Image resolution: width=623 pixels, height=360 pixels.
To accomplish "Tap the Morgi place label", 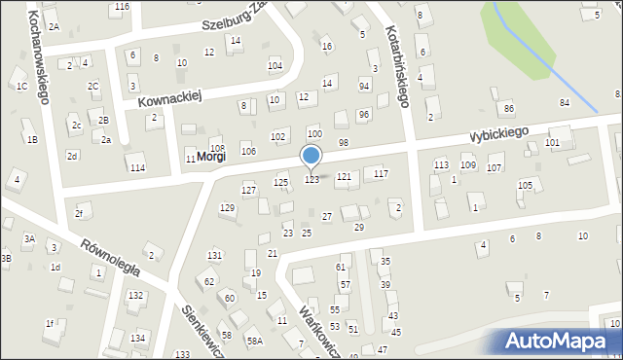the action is [211, 156].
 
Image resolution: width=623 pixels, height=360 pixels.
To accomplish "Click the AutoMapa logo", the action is [560, 341].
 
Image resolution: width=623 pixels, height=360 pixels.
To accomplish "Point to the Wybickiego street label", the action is [497, 132].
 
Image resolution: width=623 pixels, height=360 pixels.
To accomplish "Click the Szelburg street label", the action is [235, 22].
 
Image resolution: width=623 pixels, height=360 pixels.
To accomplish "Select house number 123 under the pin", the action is [311, 180].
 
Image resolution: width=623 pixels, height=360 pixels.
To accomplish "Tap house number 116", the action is [121, 7].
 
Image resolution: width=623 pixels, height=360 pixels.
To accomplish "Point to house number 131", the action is [214, 255].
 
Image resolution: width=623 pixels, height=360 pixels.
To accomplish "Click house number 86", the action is [508, 108].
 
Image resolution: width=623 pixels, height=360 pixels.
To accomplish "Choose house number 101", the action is [552, 143].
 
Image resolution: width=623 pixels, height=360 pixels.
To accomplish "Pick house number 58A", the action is [255, 341].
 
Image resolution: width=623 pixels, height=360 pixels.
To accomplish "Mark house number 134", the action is [139, 338].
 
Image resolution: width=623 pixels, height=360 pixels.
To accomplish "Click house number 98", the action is [343, 143].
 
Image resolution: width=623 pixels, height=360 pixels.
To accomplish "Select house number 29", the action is [358, 227].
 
